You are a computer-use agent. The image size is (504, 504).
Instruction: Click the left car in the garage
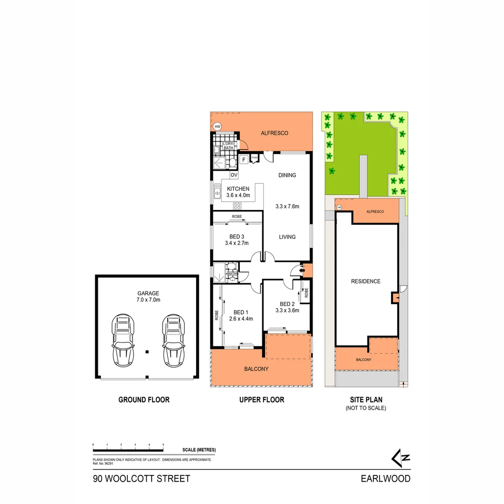(x=123, y=340)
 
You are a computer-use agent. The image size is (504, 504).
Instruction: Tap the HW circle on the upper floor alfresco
(x=217, y=126)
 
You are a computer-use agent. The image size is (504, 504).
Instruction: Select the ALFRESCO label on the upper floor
(x=275, y=133)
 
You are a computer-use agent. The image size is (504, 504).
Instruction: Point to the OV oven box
(x=234, y=175)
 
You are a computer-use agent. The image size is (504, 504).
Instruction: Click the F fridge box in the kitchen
(x=244, y=160)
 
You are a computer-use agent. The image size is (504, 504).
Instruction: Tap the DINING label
(x=287, y=175)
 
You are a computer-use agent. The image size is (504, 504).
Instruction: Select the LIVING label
(x=287, y=237)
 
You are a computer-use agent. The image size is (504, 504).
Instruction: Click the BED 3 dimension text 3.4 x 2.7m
(x=237, y=243)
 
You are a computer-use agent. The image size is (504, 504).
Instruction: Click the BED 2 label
(x=287, y=302)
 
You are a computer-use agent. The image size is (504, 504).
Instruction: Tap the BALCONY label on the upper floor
(x=256, y=369)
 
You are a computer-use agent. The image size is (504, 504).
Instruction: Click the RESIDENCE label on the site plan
(x=366, y=281)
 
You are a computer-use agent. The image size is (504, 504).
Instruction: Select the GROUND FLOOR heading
(x=144, y=399)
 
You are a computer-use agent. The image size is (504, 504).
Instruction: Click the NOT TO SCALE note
(x=366, y=408)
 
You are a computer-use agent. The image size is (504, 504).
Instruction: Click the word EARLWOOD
(x=385, y=478)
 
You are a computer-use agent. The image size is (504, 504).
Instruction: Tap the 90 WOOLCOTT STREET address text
(x=142, y=478)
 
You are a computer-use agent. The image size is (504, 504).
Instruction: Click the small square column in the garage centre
(x=147, y=351)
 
